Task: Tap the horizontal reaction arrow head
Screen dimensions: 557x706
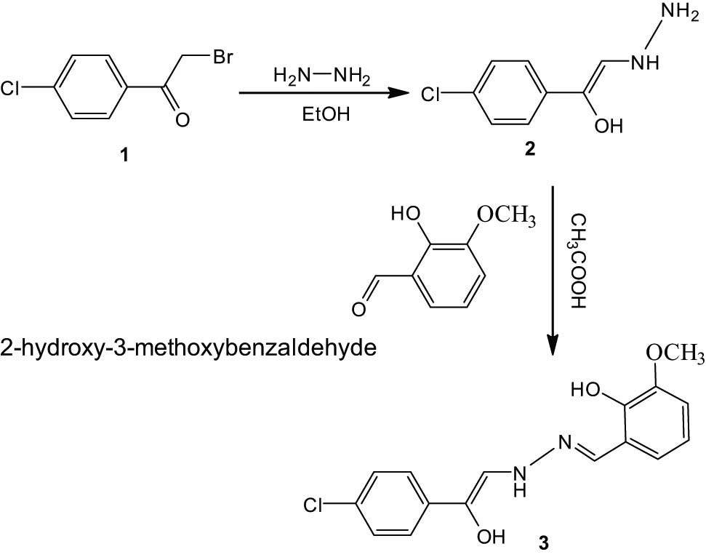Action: coord(397,93)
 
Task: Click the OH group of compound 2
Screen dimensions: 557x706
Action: coord(609,126)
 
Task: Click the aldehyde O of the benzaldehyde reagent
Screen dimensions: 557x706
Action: coord(358,310)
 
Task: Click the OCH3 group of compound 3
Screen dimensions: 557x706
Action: coord(673,356)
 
